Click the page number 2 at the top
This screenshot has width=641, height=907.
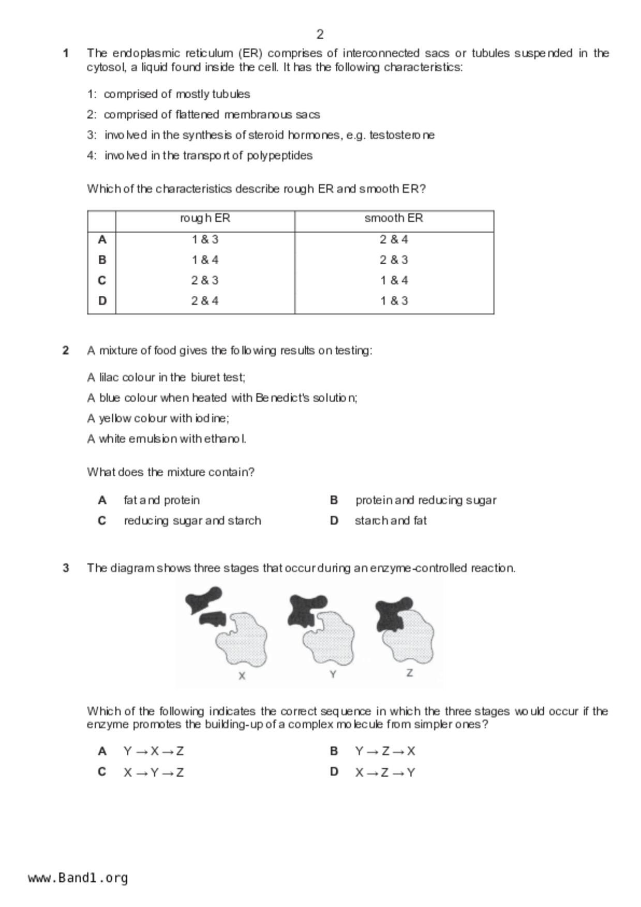pos(320,35)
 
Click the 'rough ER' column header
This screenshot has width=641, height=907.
pos(205,218)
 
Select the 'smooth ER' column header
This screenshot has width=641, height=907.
pos(394,218)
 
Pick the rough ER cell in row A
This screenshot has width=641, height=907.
pos(205,239)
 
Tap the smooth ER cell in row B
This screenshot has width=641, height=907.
pos(394,260)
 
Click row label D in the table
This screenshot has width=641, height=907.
pos(102,301)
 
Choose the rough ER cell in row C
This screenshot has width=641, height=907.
pos(205,280)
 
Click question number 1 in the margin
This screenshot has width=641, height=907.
pos(66,53)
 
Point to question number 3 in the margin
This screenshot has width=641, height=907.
pos(66,568)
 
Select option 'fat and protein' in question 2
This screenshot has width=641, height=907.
pos(161,501)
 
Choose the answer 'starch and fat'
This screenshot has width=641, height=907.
pos(391,521)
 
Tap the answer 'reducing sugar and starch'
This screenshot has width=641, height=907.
pos(192,521)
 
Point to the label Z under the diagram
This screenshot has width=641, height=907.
pos(410,673)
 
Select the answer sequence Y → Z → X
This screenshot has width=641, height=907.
pos(385,751)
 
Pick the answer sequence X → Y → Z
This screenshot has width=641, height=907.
pos(154,773)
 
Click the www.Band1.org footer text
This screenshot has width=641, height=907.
pos(78,878)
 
